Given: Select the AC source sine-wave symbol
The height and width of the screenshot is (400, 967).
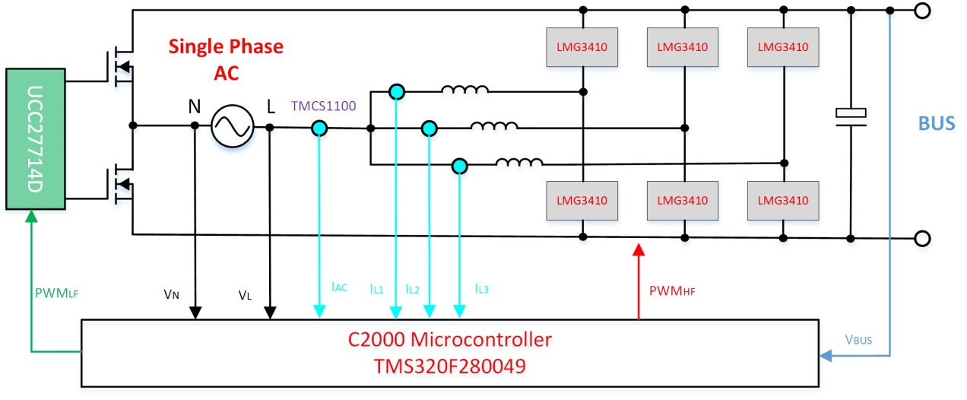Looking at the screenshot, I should [x=232, y=126].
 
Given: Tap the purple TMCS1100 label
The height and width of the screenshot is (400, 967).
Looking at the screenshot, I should [x=323, y=106].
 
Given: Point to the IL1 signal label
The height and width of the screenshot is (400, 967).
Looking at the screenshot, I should [x=377, y=288].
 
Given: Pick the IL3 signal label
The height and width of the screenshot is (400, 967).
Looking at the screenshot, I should [x=481, y=288].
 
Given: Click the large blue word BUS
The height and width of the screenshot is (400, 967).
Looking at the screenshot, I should [x=936, y=123].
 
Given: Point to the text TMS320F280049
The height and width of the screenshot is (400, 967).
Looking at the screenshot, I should [x=449, y=367].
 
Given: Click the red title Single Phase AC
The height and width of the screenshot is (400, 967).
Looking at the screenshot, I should [x=225, y=58].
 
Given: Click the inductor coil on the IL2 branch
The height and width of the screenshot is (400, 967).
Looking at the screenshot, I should [x=494, y=125].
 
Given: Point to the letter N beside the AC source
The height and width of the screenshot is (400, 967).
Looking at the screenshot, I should [x=195, y=107].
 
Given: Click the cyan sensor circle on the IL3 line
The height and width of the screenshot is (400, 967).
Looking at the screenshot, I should [x=459, y=166].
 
